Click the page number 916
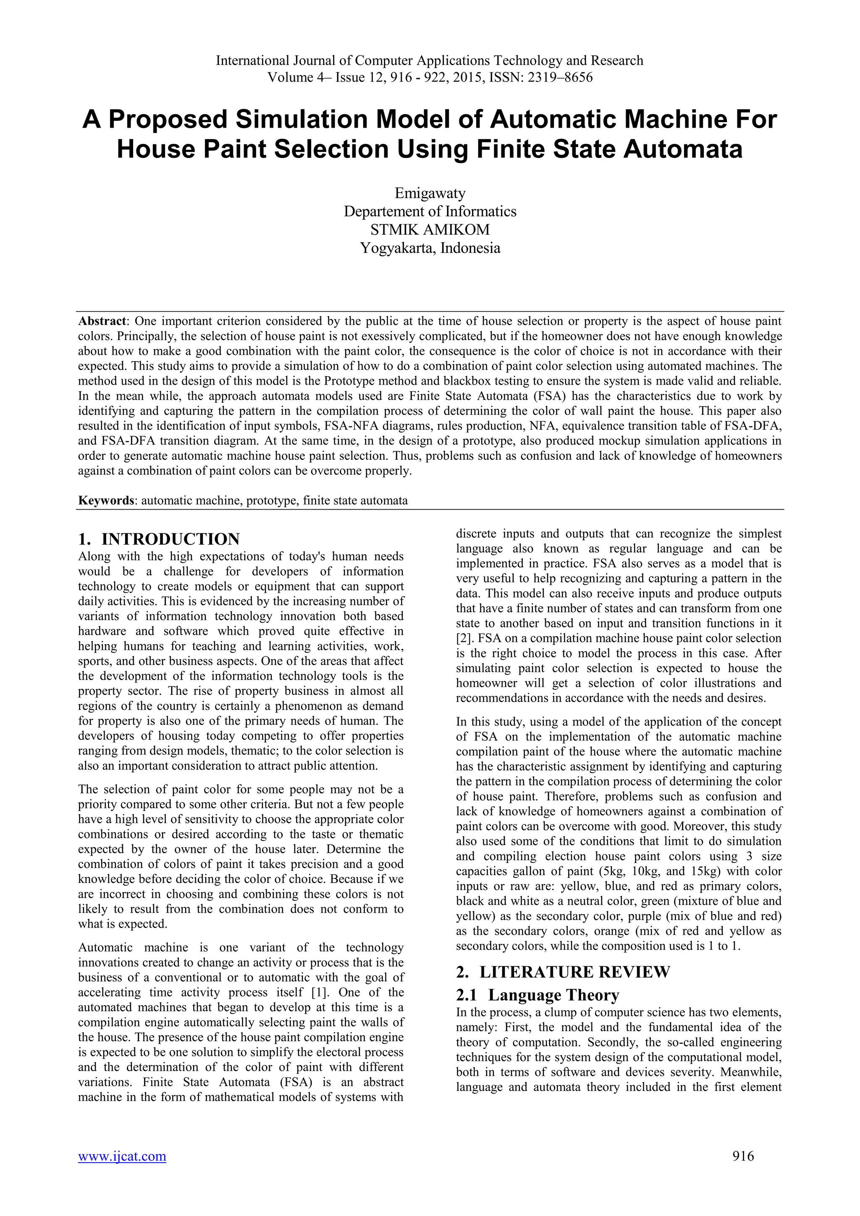pos(743,1156)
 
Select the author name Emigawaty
pos(430,193)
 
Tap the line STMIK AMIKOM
pos(430,229)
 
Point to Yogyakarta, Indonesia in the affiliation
pos(430,248)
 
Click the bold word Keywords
pos(106,501)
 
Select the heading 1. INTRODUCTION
pos(159,539)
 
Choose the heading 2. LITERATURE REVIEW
pos(563,972)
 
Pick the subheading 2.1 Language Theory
pos(537,995)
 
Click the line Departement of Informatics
pos(430,211)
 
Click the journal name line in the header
pos(430,60)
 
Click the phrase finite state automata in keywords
pos(355,501)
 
